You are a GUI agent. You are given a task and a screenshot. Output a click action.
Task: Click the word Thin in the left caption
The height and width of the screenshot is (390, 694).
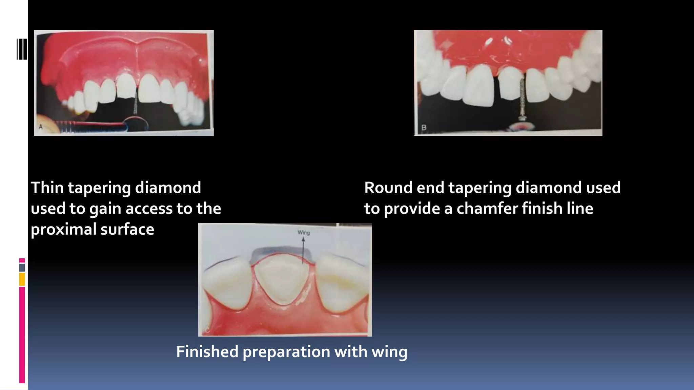click(47, 188)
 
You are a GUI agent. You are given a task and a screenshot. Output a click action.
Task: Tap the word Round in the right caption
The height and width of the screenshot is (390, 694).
click(388, 188)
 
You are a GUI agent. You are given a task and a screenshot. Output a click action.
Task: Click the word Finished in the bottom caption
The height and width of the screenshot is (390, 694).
click(207, 352)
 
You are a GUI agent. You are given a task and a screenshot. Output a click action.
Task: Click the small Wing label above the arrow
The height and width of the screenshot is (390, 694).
click(304, 233)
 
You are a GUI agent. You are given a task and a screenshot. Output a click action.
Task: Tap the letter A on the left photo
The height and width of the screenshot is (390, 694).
click(41, 127)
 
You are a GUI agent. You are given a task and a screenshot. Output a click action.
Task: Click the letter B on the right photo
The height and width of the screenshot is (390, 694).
click(424, 128)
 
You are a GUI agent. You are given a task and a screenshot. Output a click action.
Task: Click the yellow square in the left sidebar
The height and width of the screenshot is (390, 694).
click(22, 279)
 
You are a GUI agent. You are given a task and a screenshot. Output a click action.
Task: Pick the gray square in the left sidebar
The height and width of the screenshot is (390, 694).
click(22, 267)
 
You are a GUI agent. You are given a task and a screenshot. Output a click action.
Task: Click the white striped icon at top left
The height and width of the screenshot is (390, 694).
click(22, 49)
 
